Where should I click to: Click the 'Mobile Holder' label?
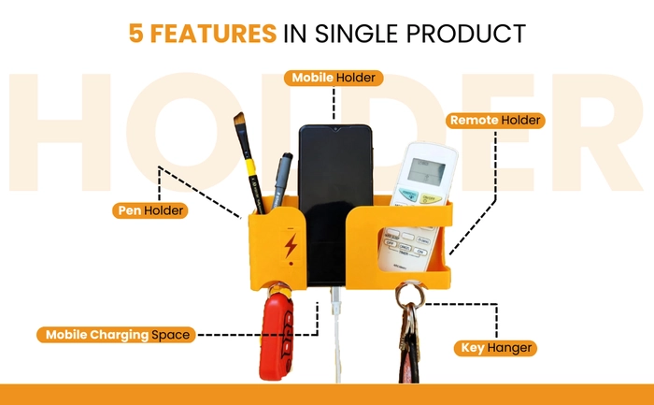[334, 78]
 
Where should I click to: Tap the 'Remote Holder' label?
[495, 121]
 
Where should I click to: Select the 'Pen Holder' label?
[150, 210]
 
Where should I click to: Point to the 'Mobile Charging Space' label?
[116, 335]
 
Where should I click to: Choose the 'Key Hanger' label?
[495, 348]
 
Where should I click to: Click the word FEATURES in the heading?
[213, 34]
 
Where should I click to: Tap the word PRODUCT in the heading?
[466, 34]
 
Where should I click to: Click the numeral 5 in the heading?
[136, 34]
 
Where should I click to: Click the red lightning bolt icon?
[291, 245]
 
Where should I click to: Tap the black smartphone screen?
[334, 205]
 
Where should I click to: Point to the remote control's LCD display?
[426, 171]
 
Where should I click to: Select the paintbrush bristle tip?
[239, 121]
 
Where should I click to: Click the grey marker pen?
[281, 181]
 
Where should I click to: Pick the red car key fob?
[277, 336]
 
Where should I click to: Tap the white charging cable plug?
[335, 301]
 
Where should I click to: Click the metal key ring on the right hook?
[410, 296]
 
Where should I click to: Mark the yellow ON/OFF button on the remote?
[431, 198]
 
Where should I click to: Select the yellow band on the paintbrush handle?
[250, 167]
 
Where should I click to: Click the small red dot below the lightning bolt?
[291, 264]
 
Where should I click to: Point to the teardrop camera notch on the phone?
[334, 129]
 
